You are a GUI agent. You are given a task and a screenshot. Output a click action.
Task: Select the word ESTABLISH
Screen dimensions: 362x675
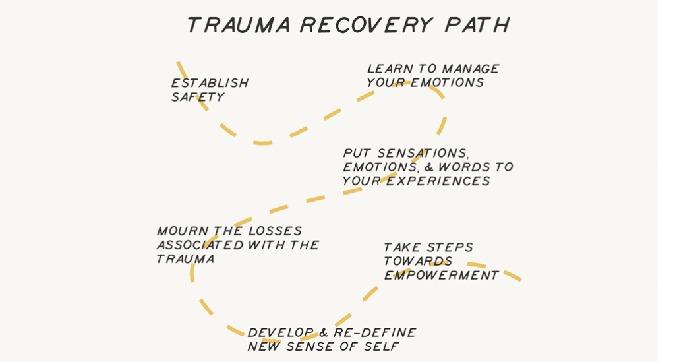(210, 84)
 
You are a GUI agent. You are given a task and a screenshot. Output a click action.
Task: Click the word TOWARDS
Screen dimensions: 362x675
(417, 262)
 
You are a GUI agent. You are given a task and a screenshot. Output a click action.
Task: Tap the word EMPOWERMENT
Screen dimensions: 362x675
(441, 276)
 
